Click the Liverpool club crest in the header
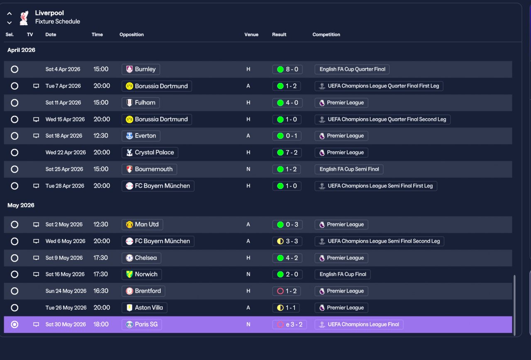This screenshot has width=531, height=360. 24,17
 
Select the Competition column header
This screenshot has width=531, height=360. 326,34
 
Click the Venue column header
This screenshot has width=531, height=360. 251,34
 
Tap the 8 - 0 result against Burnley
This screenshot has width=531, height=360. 287,69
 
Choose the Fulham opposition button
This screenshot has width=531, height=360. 141,102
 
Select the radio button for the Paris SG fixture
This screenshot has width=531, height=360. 15,324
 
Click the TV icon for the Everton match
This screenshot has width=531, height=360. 36,136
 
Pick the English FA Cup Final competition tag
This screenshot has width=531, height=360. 343,274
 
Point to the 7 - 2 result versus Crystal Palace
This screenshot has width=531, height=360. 287,152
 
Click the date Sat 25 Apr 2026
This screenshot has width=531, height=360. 64,169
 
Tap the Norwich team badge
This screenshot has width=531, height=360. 129,274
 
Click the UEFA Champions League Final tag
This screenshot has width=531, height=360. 359,324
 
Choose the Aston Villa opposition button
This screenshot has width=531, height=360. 144,308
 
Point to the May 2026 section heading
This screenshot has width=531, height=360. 21,205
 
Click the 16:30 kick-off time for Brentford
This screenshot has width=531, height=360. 101,291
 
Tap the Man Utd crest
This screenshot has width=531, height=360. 129,224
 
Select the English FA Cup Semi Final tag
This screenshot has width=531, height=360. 349,169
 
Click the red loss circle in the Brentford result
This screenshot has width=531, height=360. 280,291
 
